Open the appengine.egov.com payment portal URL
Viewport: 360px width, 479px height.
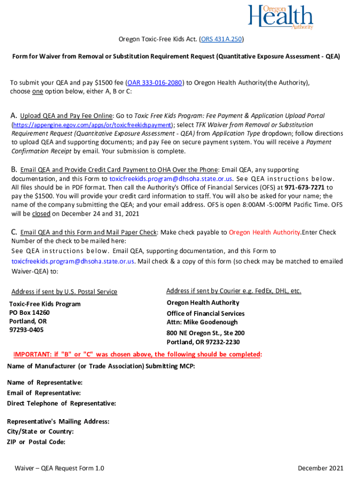[x=92, y=125]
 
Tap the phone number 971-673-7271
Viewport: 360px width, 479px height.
[x=302, y=187]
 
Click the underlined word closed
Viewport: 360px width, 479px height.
[x=41, y=213]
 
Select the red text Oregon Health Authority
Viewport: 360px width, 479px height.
[x=265, y=232]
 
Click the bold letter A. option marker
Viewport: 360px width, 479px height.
[x=14, y=116]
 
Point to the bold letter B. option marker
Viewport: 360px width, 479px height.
[x=14, y=170]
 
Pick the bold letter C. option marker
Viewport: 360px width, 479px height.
[x=14, y=232]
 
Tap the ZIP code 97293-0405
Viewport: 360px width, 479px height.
[x=26, y=330]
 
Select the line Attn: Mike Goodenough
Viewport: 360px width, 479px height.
[x=202, y=322]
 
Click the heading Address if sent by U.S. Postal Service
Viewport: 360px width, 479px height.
[x=64, y=292]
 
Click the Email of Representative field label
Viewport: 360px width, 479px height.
[x=44, y=393]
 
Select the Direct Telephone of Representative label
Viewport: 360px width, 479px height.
[x=62, y=403]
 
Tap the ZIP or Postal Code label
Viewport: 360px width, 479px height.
[x=36, y=442]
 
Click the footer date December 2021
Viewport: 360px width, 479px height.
[x=320, y=468]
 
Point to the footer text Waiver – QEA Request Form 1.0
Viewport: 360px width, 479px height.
[x=59, y=468]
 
